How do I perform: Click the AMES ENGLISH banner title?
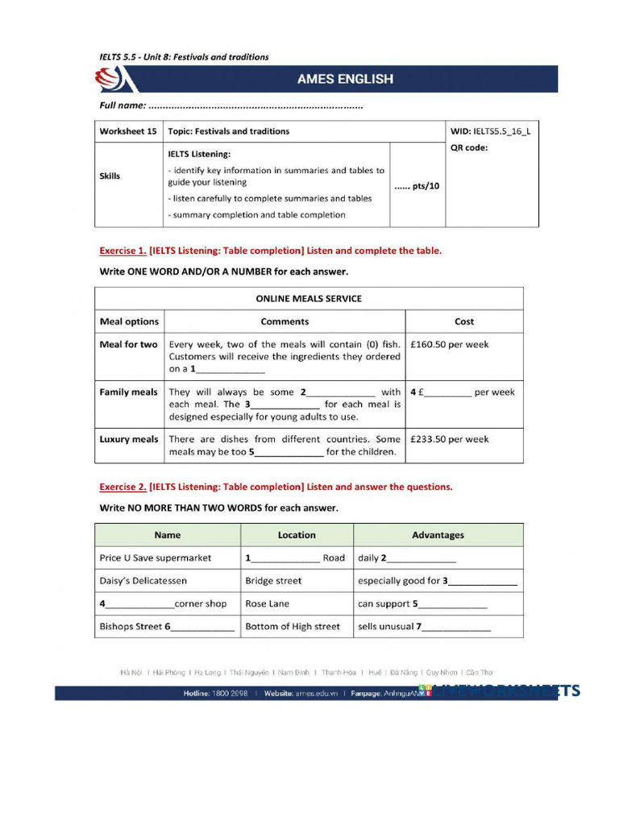click(345, 79)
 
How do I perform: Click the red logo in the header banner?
click(110, 80)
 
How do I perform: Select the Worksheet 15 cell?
click(128, 131)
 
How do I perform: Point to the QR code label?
click(469, 147)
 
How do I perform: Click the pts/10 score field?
click(417, 186)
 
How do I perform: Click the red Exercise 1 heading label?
click(123, 251)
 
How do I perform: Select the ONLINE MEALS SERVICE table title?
click(309, 298)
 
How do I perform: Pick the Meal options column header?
click(129, 321)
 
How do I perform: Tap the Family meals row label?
click(128, 392)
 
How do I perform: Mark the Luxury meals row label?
click(129, 439)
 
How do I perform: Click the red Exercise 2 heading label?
click(123, 487)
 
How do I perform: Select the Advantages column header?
click(438, 535)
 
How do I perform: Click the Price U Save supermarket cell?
click(156, 558)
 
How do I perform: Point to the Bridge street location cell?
click(273, 580)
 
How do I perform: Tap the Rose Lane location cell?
click(267, 603)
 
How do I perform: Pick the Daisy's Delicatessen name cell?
click(143, 580)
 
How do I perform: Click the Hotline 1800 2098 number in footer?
click(215, 693)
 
